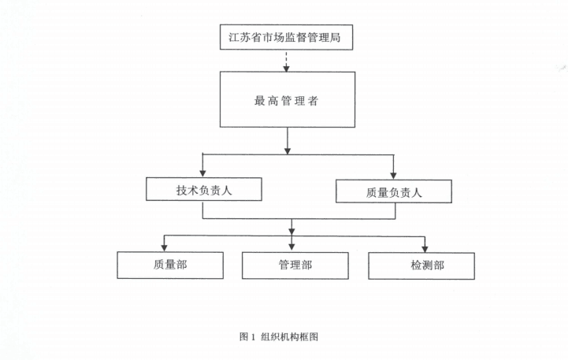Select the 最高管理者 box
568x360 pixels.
(287, 100)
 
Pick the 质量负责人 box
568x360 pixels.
(393, 191)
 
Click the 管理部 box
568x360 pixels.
(295, 265)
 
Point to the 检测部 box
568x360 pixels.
(421, 265)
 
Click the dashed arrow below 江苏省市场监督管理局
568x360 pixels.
(287, 60)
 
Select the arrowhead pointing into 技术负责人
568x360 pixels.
(203, 173)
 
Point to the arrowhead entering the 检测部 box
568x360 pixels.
(425, 247)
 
